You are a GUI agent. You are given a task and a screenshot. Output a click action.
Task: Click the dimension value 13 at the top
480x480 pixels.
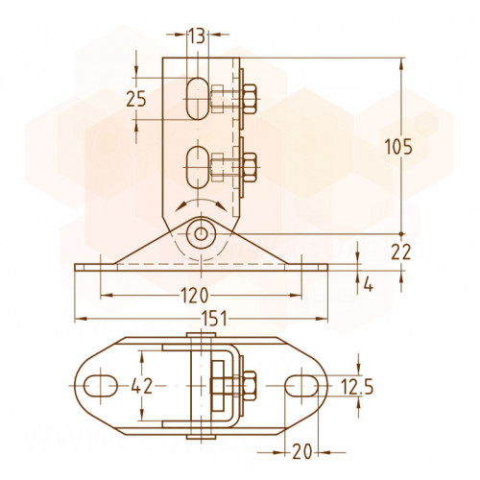(196, 36)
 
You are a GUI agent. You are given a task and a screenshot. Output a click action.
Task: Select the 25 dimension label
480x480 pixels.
(136, 99)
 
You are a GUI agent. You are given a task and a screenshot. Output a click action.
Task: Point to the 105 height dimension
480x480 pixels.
(398, 147)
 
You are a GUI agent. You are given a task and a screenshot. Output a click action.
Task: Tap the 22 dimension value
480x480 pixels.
(401, 252)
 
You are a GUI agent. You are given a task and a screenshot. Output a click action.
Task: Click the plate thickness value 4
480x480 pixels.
(369, 285)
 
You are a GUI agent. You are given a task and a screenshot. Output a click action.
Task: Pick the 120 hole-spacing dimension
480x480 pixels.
(195, 295)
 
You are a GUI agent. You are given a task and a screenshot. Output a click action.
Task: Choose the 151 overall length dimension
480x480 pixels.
(214, 319)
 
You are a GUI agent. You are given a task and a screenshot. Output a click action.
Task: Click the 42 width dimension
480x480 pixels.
(142, 386)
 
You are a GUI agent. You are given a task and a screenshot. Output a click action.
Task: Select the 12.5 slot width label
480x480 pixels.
(356, 387)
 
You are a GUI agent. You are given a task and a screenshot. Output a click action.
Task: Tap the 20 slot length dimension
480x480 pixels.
(301, 452)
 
